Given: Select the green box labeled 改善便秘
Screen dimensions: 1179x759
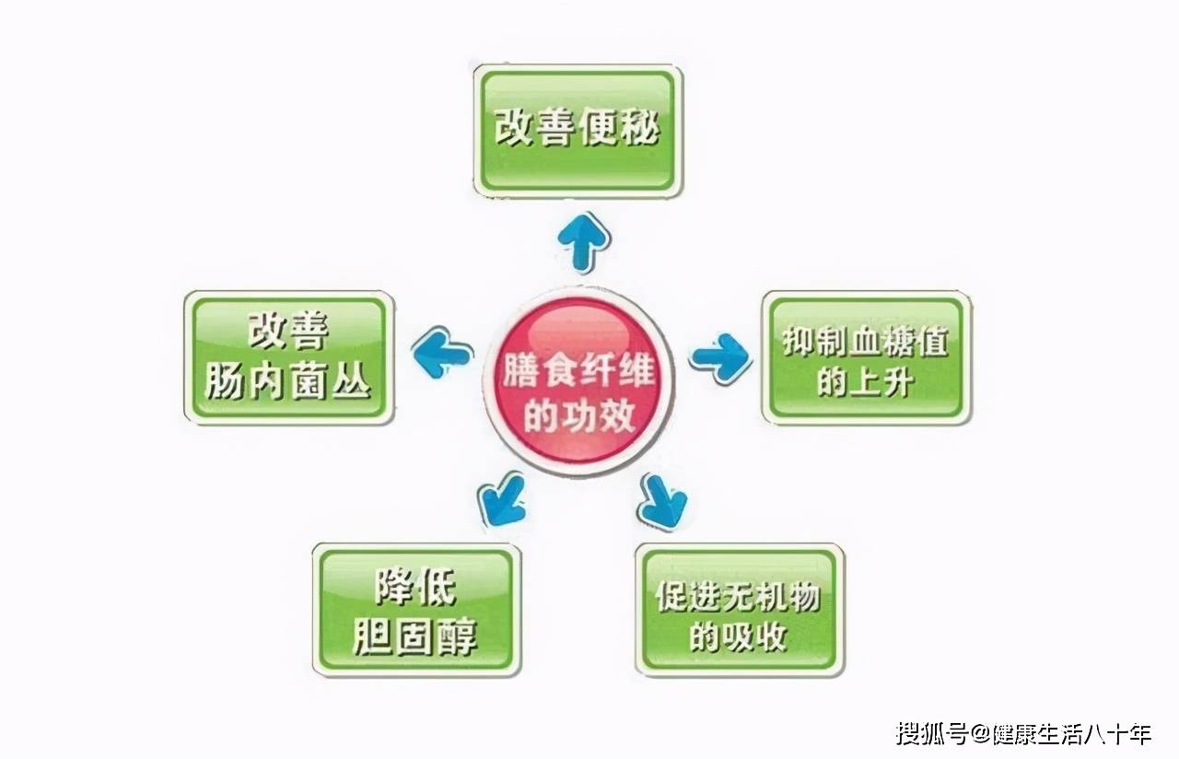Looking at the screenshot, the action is coord(578,131).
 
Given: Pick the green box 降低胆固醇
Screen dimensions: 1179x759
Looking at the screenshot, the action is coord(417,610).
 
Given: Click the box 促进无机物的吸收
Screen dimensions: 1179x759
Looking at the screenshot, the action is coord(740,610).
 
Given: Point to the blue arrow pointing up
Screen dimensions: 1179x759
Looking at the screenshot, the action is coord(584,242).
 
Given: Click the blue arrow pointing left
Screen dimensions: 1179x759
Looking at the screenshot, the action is coord(441,352).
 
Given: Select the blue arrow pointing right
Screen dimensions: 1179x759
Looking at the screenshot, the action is coord(721,357).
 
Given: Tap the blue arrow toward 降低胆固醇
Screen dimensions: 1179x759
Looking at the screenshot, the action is coord(503,499).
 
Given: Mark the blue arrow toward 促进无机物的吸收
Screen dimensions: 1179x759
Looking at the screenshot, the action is coord(662,501).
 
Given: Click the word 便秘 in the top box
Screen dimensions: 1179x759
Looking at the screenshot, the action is coord(619,128).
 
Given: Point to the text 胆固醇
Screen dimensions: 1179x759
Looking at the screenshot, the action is coord(414,636).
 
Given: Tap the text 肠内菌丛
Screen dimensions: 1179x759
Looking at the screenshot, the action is coord(288,380).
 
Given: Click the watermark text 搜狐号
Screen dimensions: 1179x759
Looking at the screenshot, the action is coord(932,733).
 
